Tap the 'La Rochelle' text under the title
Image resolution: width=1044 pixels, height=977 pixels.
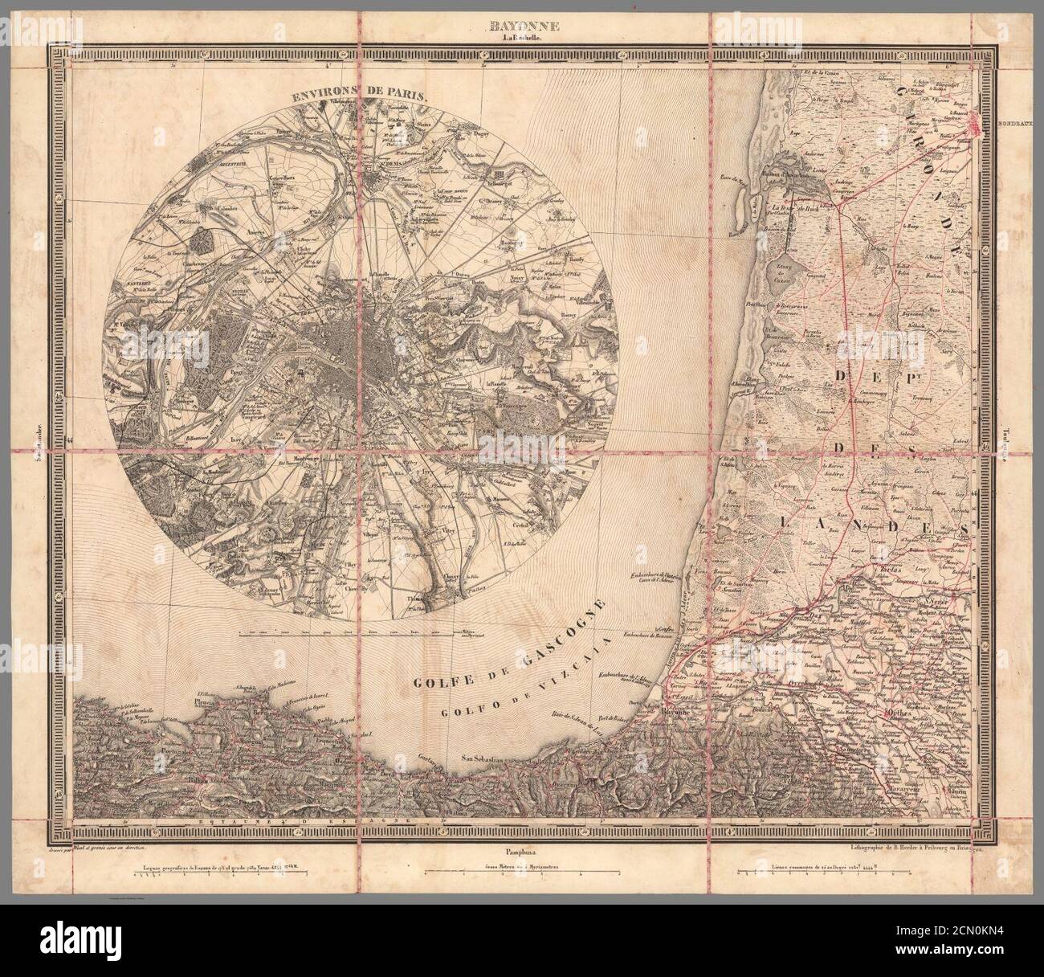click(521, 38)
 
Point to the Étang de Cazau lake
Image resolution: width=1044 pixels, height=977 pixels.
click(777, 274)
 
